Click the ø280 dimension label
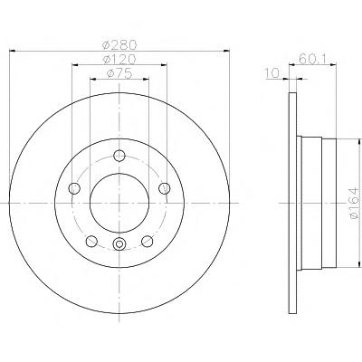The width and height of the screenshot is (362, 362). coord(119,44)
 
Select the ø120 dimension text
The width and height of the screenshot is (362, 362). coord(119,59)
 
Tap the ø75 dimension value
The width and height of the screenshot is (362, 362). coord(119,73)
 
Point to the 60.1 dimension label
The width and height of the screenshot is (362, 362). coord(312,58)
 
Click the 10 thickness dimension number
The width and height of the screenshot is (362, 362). coord(271,73)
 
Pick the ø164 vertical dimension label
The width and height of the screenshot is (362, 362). coord(353,203)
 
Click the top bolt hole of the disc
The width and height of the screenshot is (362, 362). coord(119,156)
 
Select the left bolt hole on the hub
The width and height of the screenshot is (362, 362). coord(74,188)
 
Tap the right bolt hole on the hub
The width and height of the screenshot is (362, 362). coord(165,188)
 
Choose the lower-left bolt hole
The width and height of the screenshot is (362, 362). coord(91,241)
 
